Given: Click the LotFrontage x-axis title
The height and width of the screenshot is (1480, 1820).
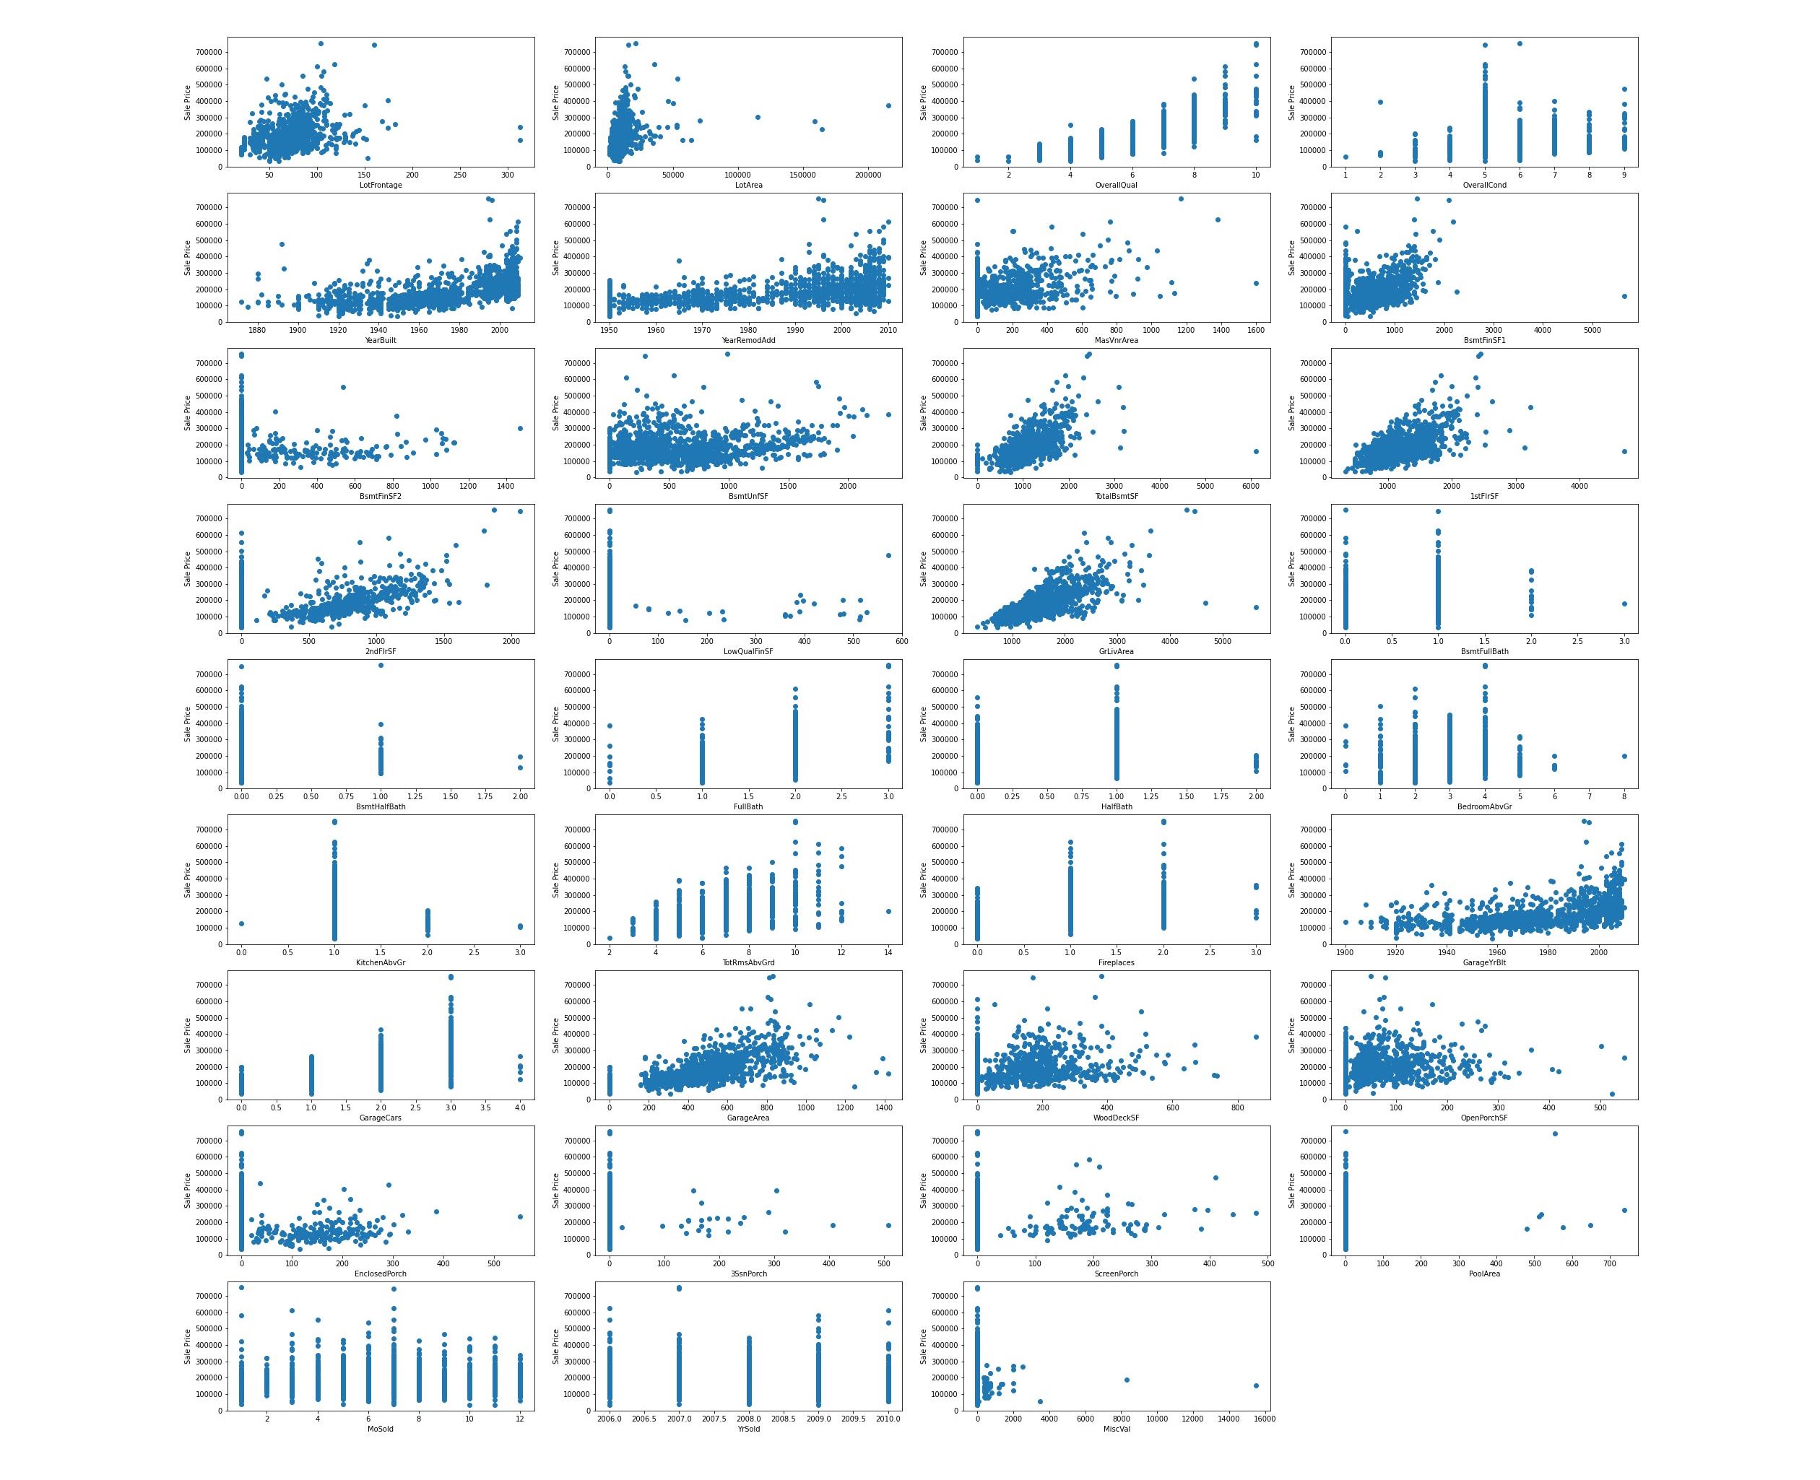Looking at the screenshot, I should click(381, 185).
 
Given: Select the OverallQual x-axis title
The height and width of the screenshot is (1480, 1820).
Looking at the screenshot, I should click(1116, 185).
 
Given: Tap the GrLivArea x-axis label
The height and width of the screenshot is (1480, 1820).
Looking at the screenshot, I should click(1116, 651).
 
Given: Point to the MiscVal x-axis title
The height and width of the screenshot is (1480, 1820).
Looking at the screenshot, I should click(1116, 1429).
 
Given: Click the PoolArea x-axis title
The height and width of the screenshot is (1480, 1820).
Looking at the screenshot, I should click(1484, 1274).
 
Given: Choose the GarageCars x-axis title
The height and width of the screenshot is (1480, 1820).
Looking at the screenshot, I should click(381, 1118).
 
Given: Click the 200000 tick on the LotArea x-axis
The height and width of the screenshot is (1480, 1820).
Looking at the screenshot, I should click(867, 175).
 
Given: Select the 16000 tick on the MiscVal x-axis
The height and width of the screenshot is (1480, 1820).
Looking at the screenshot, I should click(1264, 1419).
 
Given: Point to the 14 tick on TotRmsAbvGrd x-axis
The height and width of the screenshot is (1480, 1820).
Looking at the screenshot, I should click(888, 952).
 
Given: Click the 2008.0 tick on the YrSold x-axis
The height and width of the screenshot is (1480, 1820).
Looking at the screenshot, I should click(748, 1419).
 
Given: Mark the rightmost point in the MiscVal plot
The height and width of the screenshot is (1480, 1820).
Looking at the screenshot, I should click(1255, 1385).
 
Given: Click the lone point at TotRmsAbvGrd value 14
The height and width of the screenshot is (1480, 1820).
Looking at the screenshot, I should click(888, 911).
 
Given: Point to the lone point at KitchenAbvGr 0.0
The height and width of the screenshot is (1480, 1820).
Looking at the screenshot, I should click(241, 924).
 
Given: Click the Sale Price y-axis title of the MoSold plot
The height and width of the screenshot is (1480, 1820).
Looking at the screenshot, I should click(188, 1346).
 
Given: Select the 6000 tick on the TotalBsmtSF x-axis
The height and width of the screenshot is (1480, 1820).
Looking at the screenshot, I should click(1250, 486).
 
